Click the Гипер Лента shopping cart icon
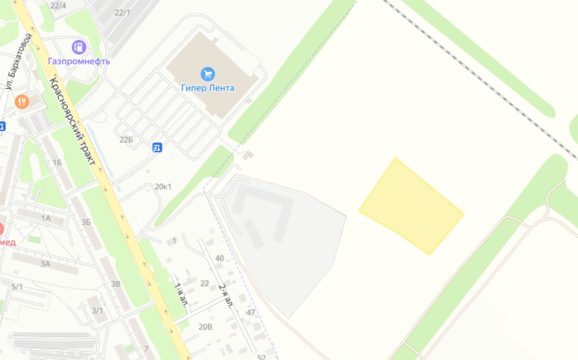click(208, 75)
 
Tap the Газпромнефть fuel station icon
click(79, 47)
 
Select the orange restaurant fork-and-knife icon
click(22, 102)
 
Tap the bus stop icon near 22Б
click(157, 147)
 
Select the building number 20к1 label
click(163, 187)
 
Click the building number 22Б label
click(126, 140)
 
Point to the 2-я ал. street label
click(225, 296)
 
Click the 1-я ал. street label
click(181, 295)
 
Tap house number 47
click(251, 312)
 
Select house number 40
click(220, 258)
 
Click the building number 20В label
click(206, 326)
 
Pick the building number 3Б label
click(86, 222)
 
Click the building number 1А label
click(46, 218)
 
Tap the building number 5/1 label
click(17, 286)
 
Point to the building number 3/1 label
click(97, 310)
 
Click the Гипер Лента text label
click(207, 88)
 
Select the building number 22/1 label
click(123, 12)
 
